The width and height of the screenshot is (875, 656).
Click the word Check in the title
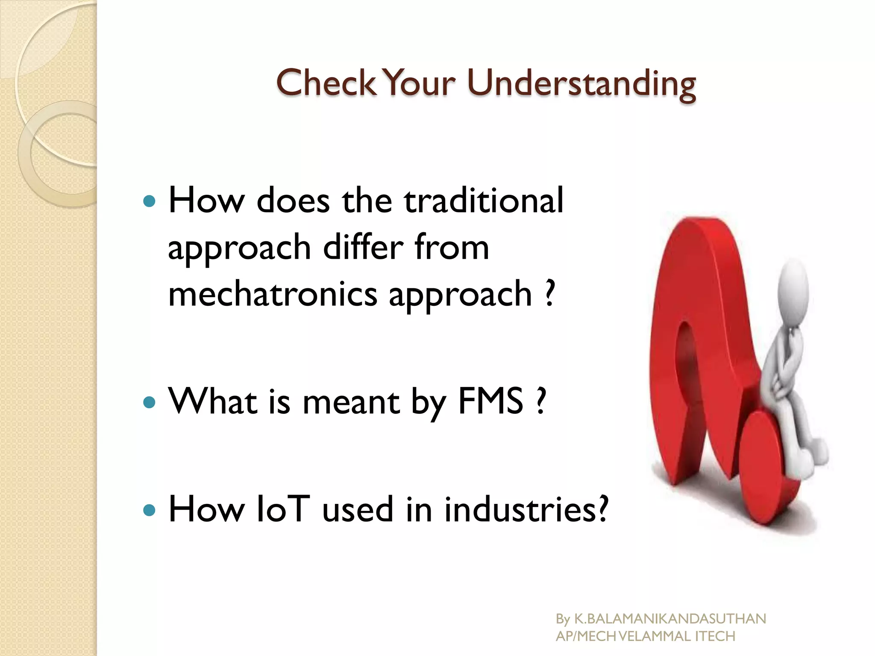click(x=326, y=82)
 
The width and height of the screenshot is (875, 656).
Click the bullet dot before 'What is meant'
click(x=149, y=402)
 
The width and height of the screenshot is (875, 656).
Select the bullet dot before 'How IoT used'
click(x=149, y=510)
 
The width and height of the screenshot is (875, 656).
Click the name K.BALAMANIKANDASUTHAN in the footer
click(x=670, y=618)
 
